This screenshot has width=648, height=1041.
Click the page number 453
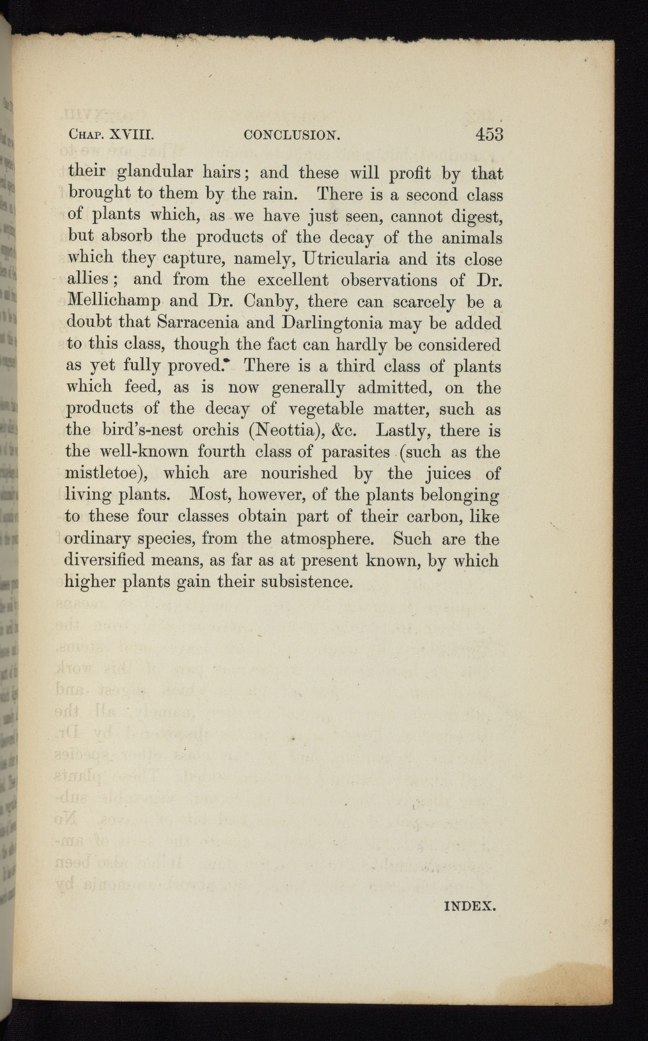(489, 134)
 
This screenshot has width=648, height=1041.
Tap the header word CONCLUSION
(291, 136)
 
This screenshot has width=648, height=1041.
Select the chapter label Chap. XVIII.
(110, 136)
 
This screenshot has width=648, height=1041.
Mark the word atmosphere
(328, 539)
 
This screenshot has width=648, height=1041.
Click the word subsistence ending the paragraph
(306, 581)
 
